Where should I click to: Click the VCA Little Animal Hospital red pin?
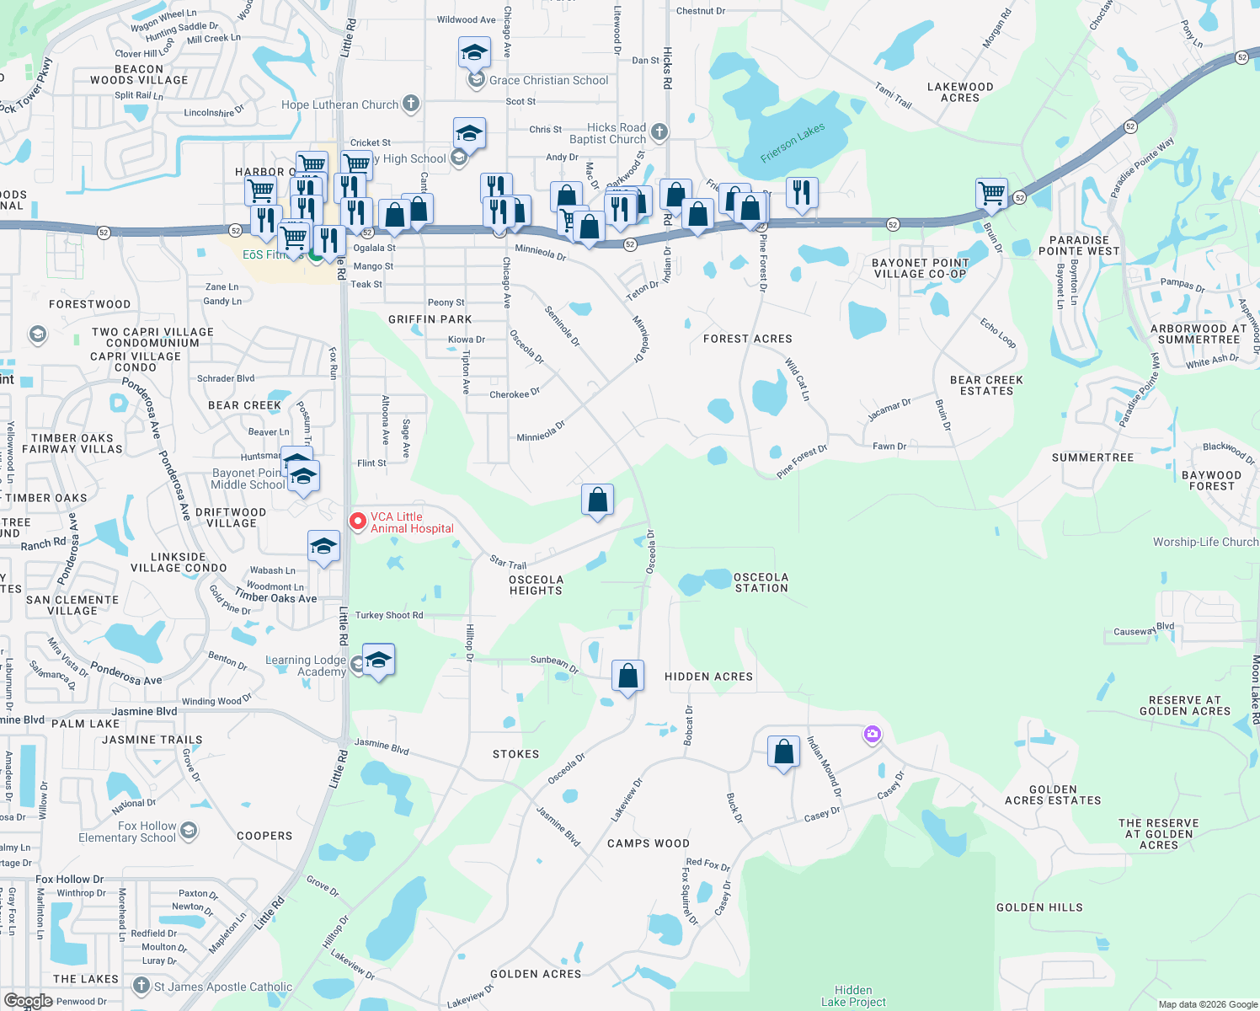click(x=358, y=522)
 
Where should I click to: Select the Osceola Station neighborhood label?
click(x=761, y=583)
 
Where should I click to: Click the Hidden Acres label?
click(x=708, y=677)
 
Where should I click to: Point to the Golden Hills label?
click(x=1039, y=907)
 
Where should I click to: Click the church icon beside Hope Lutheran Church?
click(x=411, y=104)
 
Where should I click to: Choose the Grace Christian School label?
click(x=548, y=80)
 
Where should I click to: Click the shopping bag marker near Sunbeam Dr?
click(x=627, y=677)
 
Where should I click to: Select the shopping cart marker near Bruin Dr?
click(x=992, y=193)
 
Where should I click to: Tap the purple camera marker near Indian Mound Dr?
click(x=872, y=735)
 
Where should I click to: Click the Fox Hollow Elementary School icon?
click(x=189, y=832)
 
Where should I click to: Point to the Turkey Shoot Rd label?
click(x=389, y=615)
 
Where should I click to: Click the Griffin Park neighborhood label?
click(x=430, y=319)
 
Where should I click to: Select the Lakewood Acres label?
click(x=960, y=93)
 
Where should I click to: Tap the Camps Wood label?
click(x=649, y=843)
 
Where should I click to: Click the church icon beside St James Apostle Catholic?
click(x=141, y=986)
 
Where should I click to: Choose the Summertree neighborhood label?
click(x=1092, y=457)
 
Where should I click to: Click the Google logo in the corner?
click(x=28, y=1001)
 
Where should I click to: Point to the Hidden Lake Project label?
click(x=853, y=996)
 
